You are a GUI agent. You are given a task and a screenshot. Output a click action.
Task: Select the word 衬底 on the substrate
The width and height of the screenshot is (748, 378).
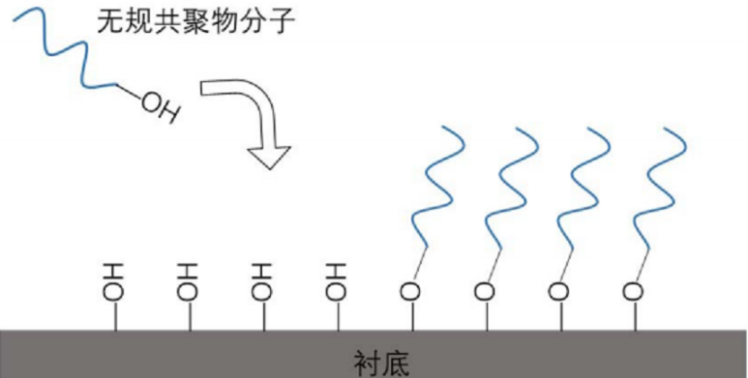[x=382, y=363]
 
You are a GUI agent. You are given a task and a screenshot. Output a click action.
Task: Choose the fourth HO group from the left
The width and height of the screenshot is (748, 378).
[x=335, y=280]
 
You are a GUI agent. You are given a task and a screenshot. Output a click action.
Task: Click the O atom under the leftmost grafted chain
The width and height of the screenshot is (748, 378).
[x=409, y=289]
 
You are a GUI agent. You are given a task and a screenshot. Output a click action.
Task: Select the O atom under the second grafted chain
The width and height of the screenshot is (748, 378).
[x=484, y=289]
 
